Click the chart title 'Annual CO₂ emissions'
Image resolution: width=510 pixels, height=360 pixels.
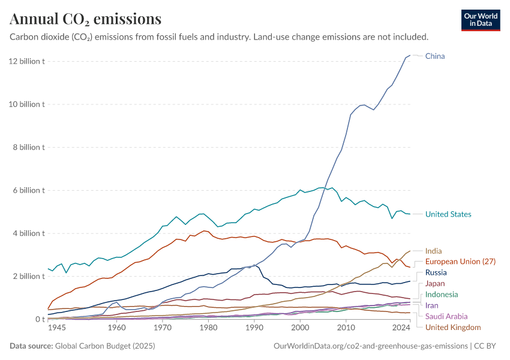pos(85,19)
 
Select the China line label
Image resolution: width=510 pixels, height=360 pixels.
pos(435,56)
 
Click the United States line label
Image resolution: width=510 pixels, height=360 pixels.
pos(448,214)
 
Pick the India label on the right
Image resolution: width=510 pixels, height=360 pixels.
pos(434,251)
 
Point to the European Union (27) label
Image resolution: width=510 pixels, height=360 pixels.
pos(460,262)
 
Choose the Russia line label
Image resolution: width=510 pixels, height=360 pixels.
pos(436,272)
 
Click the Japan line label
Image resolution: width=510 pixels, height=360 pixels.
pos(435,283)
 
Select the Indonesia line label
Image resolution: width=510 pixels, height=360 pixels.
pos(441,295)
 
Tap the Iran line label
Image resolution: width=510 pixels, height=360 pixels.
pos(432,305)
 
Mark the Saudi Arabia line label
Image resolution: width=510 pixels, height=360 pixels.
pos(446,316)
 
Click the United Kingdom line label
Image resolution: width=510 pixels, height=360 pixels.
pos(453,327)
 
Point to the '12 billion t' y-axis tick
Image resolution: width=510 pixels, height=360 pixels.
pos(26,61)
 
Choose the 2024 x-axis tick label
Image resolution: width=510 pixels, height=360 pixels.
pos(400,328)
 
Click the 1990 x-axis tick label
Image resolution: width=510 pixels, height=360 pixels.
pos(254,328)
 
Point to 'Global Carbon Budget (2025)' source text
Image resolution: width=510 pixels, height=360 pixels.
pos(106,346)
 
